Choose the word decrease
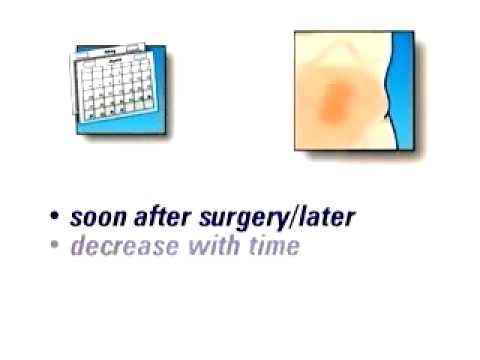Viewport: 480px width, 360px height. pyautogui.click(x=117, y=245)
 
